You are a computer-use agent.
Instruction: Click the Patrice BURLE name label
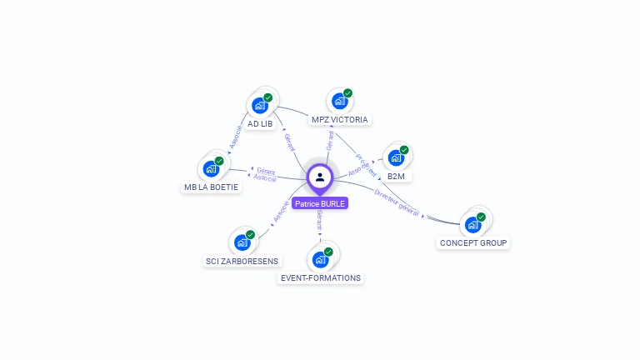pos(320,203)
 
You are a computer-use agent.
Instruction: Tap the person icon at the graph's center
pos(320,177)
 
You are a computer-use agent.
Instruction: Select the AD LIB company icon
pos(260,106)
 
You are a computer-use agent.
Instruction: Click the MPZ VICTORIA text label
pos(339,120)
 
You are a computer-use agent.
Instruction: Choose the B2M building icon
pos(397,158)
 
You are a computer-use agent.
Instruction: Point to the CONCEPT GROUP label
pos(473,243)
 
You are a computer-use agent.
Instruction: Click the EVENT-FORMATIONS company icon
pos(320,260)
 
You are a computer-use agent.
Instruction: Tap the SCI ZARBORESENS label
pos(242,261)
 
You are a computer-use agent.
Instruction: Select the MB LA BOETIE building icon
pos(211,168)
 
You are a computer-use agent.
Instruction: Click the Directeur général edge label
pos(397,203)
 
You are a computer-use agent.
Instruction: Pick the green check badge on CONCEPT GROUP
pos(481,217)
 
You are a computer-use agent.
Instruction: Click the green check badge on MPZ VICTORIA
pos(347,93)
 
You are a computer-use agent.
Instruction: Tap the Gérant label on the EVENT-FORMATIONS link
pos(320,221)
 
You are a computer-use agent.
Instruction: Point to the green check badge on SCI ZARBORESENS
pos(250,235)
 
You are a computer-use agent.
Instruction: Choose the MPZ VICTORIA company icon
pos(339,102)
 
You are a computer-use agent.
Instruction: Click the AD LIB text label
pos(260,124)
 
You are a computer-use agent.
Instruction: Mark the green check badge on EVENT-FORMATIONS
pos(328,252)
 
